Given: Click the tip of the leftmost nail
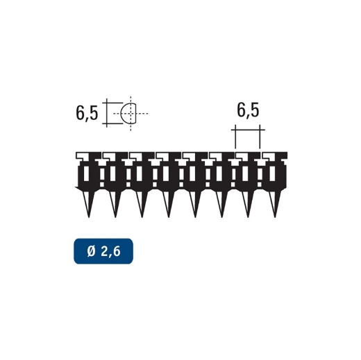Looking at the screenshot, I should (89, 216).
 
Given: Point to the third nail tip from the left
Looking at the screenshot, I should (142, 216).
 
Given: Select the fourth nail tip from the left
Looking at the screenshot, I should (169, 216).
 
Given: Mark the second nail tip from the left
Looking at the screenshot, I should (116, 216).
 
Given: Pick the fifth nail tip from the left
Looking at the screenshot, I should (196, 216).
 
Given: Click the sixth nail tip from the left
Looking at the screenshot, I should (222, 216).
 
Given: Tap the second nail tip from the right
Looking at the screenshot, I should (249, 216).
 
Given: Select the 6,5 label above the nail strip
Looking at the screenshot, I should (248, 110).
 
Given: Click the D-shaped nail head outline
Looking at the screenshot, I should (130, 112).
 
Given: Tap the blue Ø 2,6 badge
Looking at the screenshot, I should (103, 251).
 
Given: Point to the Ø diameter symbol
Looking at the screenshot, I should (91, 251).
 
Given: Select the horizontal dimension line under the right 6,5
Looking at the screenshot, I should (248, 129).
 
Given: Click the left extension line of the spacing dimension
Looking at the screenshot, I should (235, 137).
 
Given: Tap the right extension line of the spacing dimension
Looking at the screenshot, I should (261, 137).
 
